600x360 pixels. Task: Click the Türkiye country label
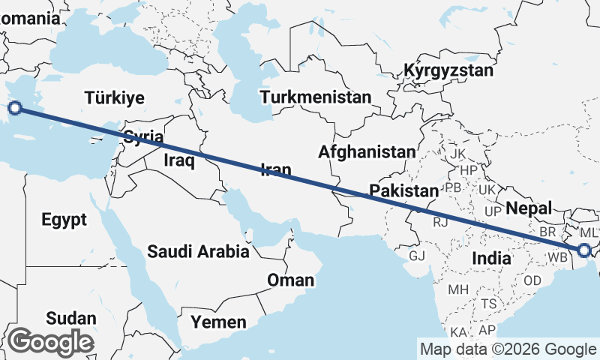tap(114, 98)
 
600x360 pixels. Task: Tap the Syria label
tap(142, 136)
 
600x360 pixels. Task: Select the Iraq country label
tap(179, 160)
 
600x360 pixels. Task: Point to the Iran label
tap(275, 170)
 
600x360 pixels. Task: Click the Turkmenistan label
tap(316, 97)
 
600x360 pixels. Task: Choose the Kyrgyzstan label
tap(448, 71)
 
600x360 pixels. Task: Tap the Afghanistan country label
tap(366, 152)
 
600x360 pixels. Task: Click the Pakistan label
tap(403, 190)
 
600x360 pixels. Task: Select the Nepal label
tap(529, 208)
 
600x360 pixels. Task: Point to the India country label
tap(491, 258)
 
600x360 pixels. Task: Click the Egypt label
tap(64, 220)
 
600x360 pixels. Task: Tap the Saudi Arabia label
tap(198, 252)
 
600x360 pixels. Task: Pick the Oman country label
tap(290, 280)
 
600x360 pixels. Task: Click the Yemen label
tap(218, 322)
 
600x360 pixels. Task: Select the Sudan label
tap(70, 318)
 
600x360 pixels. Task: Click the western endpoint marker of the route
tap(14, 109)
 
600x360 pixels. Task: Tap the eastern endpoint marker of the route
tap(584, 250)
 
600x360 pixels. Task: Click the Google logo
tap(50, 342)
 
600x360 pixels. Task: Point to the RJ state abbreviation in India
tap(440, 222)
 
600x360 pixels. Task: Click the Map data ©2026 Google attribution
tap(508, 349)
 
